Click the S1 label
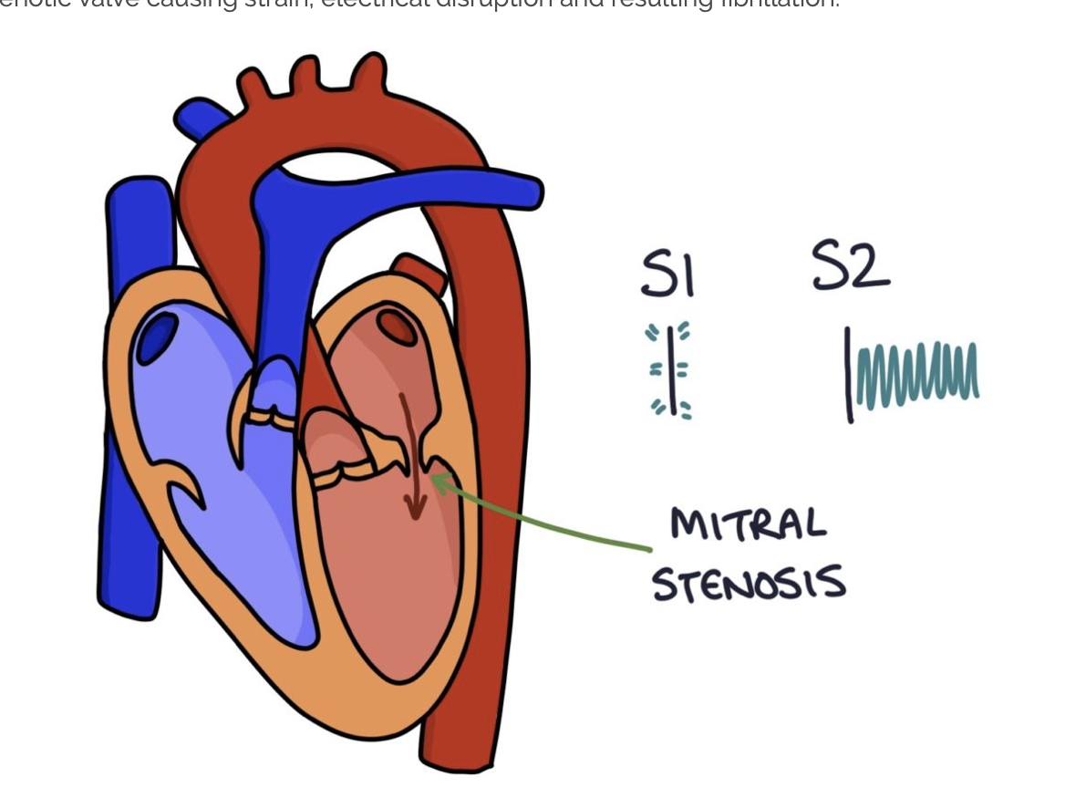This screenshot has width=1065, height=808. pyautogui.click(x=667, y=274)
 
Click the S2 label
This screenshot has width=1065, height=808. pyautogui.click(x=850, y=266)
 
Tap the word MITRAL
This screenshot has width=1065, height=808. pyautogui.click(x=748, y=523)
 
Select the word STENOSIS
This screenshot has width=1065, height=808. pyautogui.click(x=749, y=583)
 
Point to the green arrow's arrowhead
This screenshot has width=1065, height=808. pyautogui.click(x=437, y=481)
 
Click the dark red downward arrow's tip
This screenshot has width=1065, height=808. pyautogui.click(x=416, y=515)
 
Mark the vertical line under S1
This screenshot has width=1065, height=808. pyautogui.click(x=671, y=370)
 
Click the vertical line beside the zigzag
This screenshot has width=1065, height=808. pyautogui.click(x=849, y=374)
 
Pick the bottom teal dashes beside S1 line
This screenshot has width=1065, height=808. pyautogui.click(x=671, y=409)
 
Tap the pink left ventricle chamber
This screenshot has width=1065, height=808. pyautogui.click(x=392, y=584)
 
